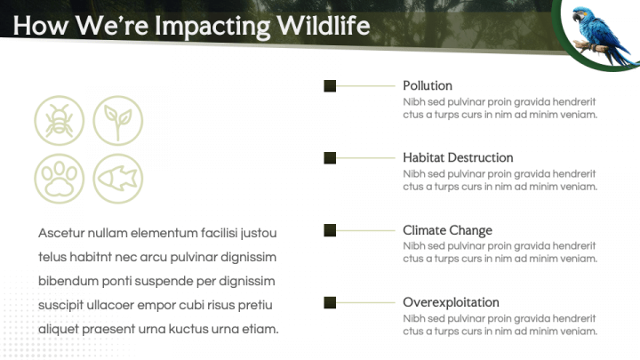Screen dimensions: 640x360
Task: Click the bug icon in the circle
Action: tap(60, 121)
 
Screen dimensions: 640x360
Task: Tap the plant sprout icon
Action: tap(118, 121)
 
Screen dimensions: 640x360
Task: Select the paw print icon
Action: tap(60, 179)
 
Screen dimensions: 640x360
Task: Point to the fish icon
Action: tap(118, 179)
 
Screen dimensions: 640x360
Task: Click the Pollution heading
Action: tap(428, 85)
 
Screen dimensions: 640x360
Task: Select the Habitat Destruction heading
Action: tap(458, 157)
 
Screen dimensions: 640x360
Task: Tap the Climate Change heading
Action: tap(447, 230)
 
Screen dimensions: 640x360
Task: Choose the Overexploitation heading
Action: tap(451, 302)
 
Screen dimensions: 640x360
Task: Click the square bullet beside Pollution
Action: tap(330, 86)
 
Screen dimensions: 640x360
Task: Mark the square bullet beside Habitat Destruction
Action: tap(330, 158)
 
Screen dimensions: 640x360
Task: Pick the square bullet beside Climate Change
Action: tap(330, 230)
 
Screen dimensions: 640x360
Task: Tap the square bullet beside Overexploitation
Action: tap(330, 302)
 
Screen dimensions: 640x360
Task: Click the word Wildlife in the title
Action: tap(324, 25)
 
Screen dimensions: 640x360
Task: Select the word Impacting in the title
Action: tap(212, 27)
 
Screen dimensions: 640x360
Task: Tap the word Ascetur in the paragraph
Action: tap(60, 233)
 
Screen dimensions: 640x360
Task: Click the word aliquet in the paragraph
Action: tap(59, 329)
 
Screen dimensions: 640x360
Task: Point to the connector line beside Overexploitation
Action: tap(365, 302)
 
